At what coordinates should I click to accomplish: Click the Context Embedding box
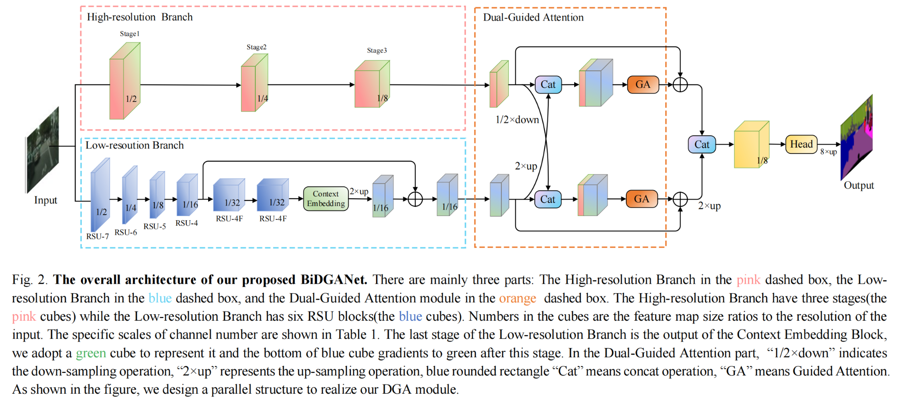pyautogui.click(x=326, y=199)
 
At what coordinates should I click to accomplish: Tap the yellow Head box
pyautogui.click(x=801, y=144)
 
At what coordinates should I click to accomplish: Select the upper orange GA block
pyautogui.click(x=643, y=85)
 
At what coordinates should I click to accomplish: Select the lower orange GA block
pyautogui.click(x=641, y=199)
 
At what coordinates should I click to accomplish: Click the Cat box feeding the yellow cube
pyautogui.click(x=702, y=144)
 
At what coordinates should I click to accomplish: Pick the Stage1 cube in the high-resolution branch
pyautogui.click(x=124, y=81)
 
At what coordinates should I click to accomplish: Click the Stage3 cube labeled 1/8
pyautogui.click(x=372, y=84)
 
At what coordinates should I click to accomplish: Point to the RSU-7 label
pyautogui.click(x=97, y=236)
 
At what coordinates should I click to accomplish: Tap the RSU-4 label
pyautogui.click(x=187, y=223)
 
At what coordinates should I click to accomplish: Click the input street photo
pyautogui.click(x=43, y=150)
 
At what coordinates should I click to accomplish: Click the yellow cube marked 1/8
pyautogui.click(x=751, y=144)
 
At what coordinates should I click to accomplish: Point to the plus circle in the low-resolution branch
pyautogui.click(x=415, y=199)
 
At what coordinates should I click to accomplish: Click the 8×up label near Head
pyautogui.click(x=829, y=152)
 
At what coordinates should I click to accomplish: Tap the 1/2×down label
pyautogui.click(x=517, y=120)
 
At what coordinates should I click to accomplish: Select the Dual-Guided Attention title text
pyautogui.click(x=533, y=17)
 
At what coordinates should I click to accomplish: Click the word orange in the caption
pyautogui.click(x=517, y=298)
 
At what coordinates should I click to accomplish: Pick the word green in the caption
pyautogui.click(x=91, y=353)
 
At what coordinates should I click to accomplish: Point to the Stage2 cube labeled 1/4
pyautogui.click(x=255, y=83)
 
